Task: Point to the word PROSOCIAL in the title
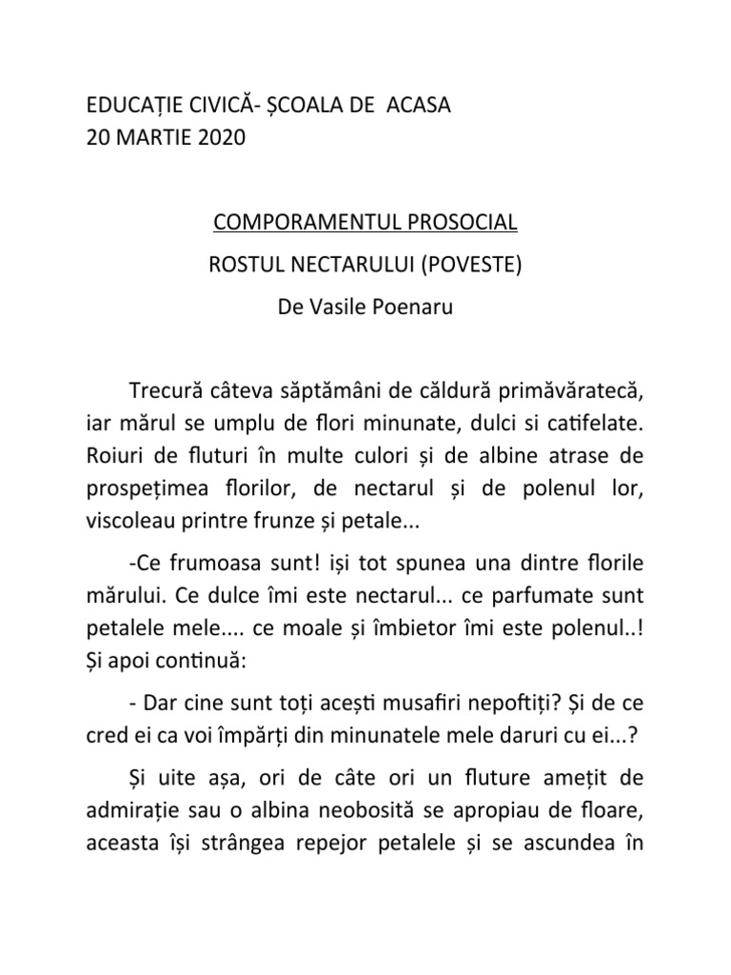point(463,223)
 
